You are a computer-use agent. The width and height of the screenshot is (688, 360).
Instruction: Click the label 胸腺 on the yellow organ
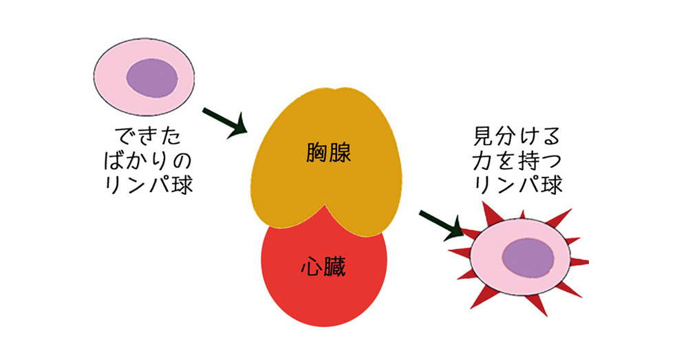click(x=328, y=153)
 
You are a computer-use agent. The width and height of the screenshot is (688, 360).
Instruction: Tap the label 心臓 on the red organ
click(x=323, y=266)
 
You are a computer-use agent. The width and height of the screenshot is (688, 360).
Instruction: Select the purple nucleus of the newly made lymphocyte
click(x=152, y=76)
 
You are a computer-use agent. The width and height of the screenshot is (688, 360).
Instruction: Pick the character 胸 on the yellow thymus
click(x=316, y=153)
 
